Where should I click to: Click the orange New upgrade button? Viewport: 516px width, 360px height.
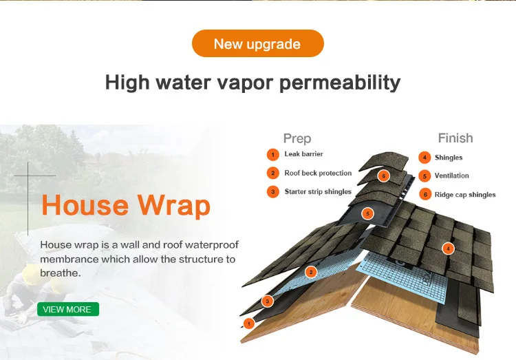[257, 44]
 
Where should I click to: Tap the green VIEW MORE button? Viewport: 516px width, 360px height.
[67, 309]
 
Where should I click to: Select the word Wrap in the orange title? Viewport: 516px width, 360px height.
[173, 205]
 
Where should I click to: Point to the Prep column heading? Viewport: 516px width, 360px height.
[297, 138]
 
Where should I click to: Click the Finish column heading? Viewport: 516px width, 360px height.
[455, 138]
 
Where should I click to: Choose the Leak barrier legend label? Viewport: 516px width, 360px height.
[303, 154]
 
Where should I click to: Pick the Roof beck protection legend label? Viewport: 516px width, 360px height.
[318, 173]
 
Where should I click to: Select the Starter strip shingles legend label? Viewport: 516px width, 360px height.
[318, 192]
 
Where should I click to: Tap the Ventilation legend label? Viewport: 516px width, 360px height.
[452, 176]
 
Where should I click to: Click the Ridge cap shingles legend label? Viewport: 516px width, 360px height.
[465, 195]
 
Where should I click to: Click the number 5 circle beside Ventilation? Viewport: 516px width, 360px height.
[425, 176]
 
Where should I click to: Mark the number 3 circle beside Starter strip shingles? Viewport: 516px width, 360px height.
[273, 192]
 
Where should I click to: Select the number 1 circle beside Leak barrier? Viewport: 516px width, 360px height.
[273, 154]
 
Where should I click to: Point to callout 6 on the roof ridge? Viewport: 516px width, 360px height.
[384, 176]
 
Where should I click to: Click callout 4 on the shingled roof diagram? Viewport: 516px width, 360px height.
[449, 248]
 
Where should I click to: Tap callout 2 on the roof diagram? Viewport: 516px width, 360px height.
[311, 273]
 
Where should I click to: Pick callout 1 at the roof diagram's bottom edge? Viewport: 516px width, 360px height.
[249, 323]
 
